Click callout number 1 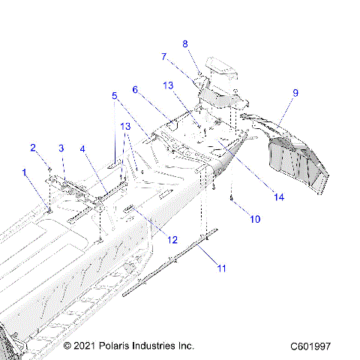point(25,172)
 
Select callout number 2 point(33,146)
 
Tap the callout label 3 point(61,148)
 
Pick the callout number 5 point(115,96)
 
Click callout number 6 point(136,90)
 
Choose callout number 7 point(163,56)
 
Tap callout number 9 point(295,93)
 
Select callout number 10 point(255,220)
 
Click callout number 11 point(220,267)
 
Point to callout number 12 point(172,240)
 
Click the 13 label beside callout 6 point(169,85)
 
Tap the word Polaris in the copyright point(125,346)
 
